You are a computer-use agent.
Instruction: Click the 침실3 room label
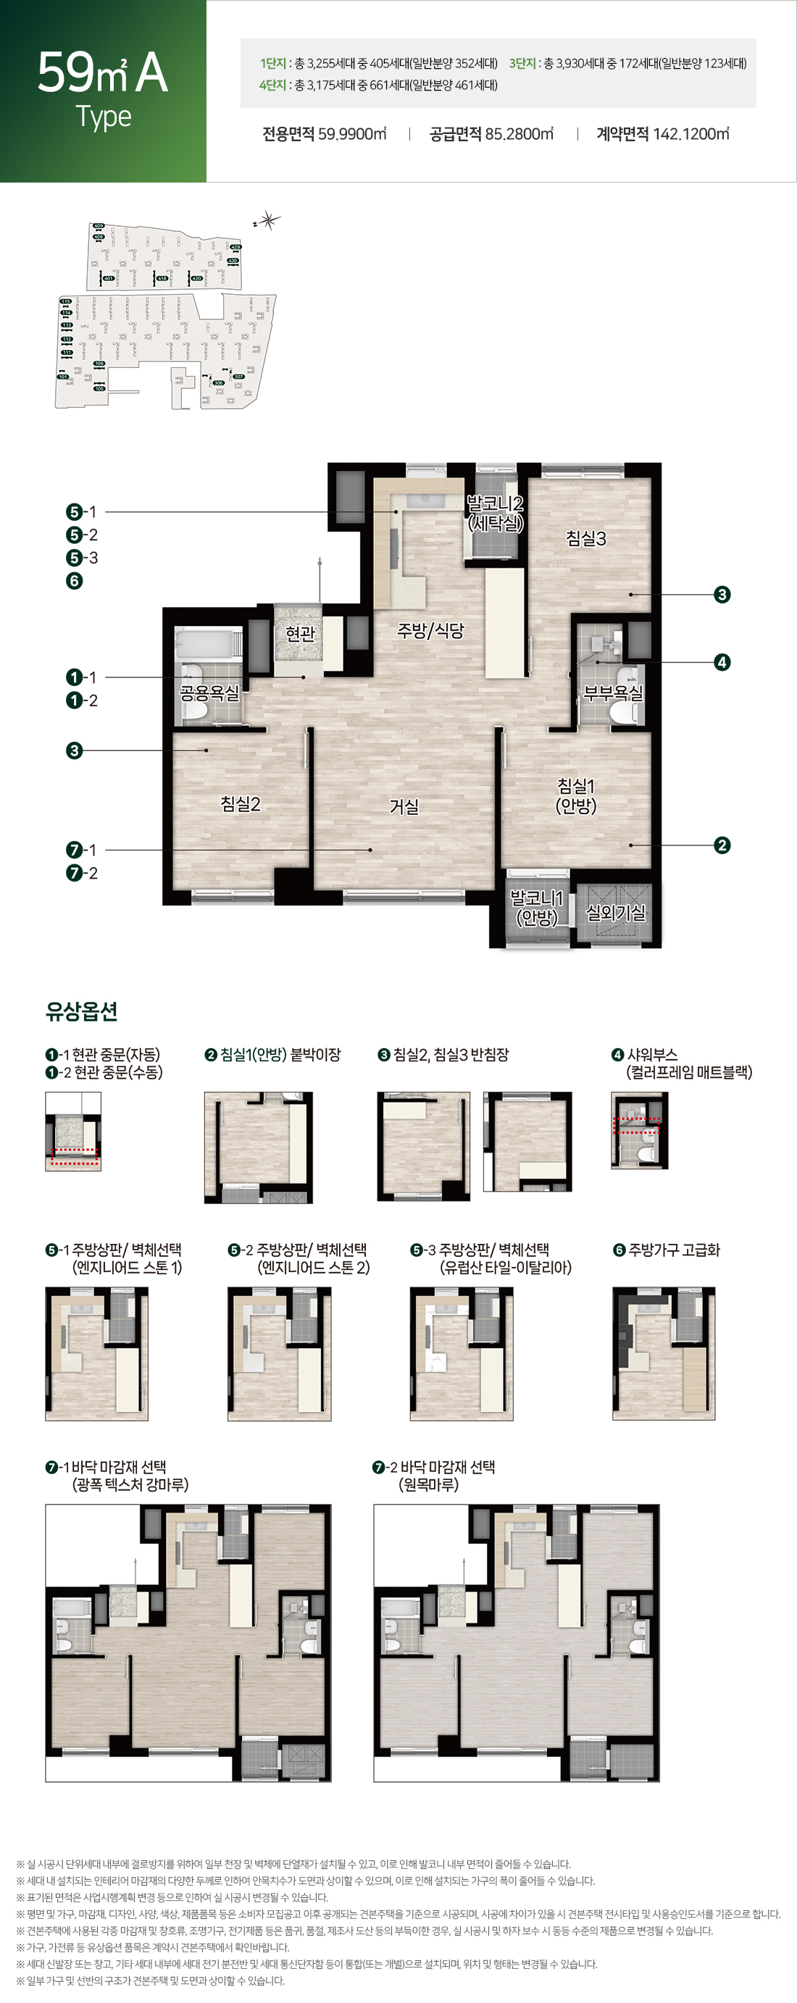click(585, 538)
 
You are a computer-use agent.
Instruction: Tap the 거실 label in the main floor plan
click(404, 806)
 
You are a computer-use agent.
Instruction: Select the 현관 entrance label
click(300, 633)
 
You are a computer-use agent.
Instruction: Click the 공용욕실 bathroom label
click(209, 692)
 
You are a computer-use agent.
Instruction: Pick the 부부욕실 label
click(613, 692)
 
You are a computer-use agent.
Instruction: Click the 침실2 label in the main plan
click(241, 803)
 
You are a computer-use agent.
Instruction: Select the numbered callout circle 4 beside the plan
click(722, 663)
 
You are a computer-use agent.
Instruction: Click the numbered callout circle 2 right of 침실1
click(722, 845)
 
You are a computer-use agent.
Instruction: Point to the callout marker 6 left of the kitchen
click(75, 581)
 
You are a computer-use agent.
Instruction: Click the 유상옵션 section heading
click(82, 1011)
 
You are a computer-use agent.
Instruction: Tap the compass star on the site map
click(268, 221)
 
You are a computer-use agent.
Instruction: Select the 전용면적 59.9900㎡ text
click(325, 134)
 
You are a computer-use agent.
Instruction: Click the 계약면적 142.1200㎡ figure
click(662, 134)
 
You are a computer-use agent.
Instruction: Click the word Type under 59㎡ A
click(104, 117)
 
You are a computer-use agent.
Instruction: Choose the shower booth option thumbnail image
click(639, 1131)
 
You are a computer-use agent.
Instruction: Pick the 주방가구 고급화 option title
click(673, 1250)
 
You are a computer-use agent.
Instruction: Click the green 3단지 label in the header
click(522, 64)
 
